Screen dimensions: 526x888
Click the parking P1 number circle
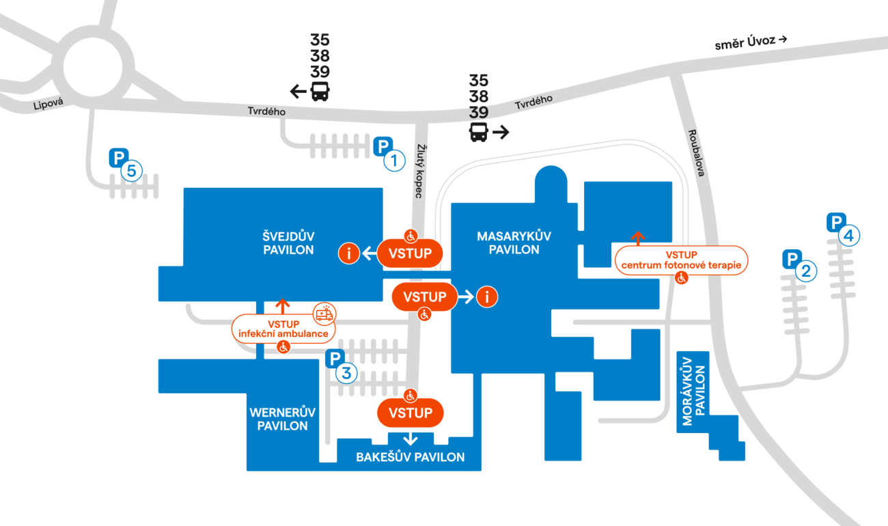[394, 161]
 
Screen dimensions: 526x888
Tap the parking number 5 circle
[132, 170]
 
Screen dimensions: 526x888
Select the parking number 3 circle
[346, 373]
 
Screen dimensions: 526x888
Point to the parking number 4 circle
[848, 236]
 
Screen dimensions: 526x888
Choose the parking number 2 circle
[807, 272]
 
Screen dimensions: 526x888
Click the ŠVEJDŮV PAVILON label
[288, 243]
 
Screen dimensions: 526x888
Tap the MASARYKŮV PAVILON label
[514, 243]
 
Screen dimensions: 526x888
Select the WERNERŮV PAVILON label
[283, 419]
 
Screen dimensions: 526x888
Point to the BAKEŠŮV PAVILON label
[410, 457]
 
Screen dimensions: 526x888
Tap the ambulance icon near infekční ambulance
[324, 314]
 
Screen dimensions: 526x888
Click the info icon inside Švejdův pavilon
[349, 253]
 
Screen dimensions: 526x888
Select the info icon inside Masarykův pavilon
[487, 296]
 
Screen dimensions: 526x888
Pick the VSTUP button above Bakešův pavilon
[411, 413]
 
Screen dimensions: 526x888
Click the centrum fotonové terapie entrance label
[681, 260]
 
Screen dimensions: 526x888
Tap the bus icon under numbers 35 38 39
[319, 91]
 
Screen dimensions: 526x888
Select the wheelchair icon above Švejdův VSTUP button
[411, 236]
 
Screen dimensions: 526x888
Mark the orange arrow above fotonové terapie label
[638, 238]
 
